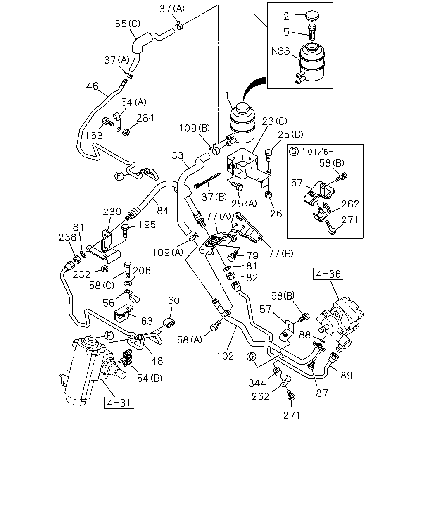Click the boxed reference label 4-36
click(x=328, y=274)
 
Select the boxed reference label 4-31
click(x=119, y=403)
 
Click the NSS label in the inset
click(x=280, y=51)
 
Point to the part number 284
click(x=145, y=118)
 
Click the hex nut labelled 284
click(x=126, y=132)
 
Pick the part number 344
click(x=257, y=383)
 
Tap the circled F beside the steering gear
click(x=109, y=335)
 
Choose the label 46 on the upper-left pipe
click(x=92, y=86)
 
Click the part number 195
click(x=147, y=225)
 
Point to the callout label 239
click(x=112, y=212)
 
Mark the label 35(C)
click(x=128, y=24)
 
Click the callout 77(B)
click(x=281, y=253)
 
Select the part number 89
click(x=346, y=376)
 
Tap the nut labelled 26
click(x=268, y=195)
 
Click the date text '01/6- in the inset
click(x=317, y=152)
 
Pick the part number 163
click(x=94, y=136)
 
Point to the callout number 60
click(x=174, y=300)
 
